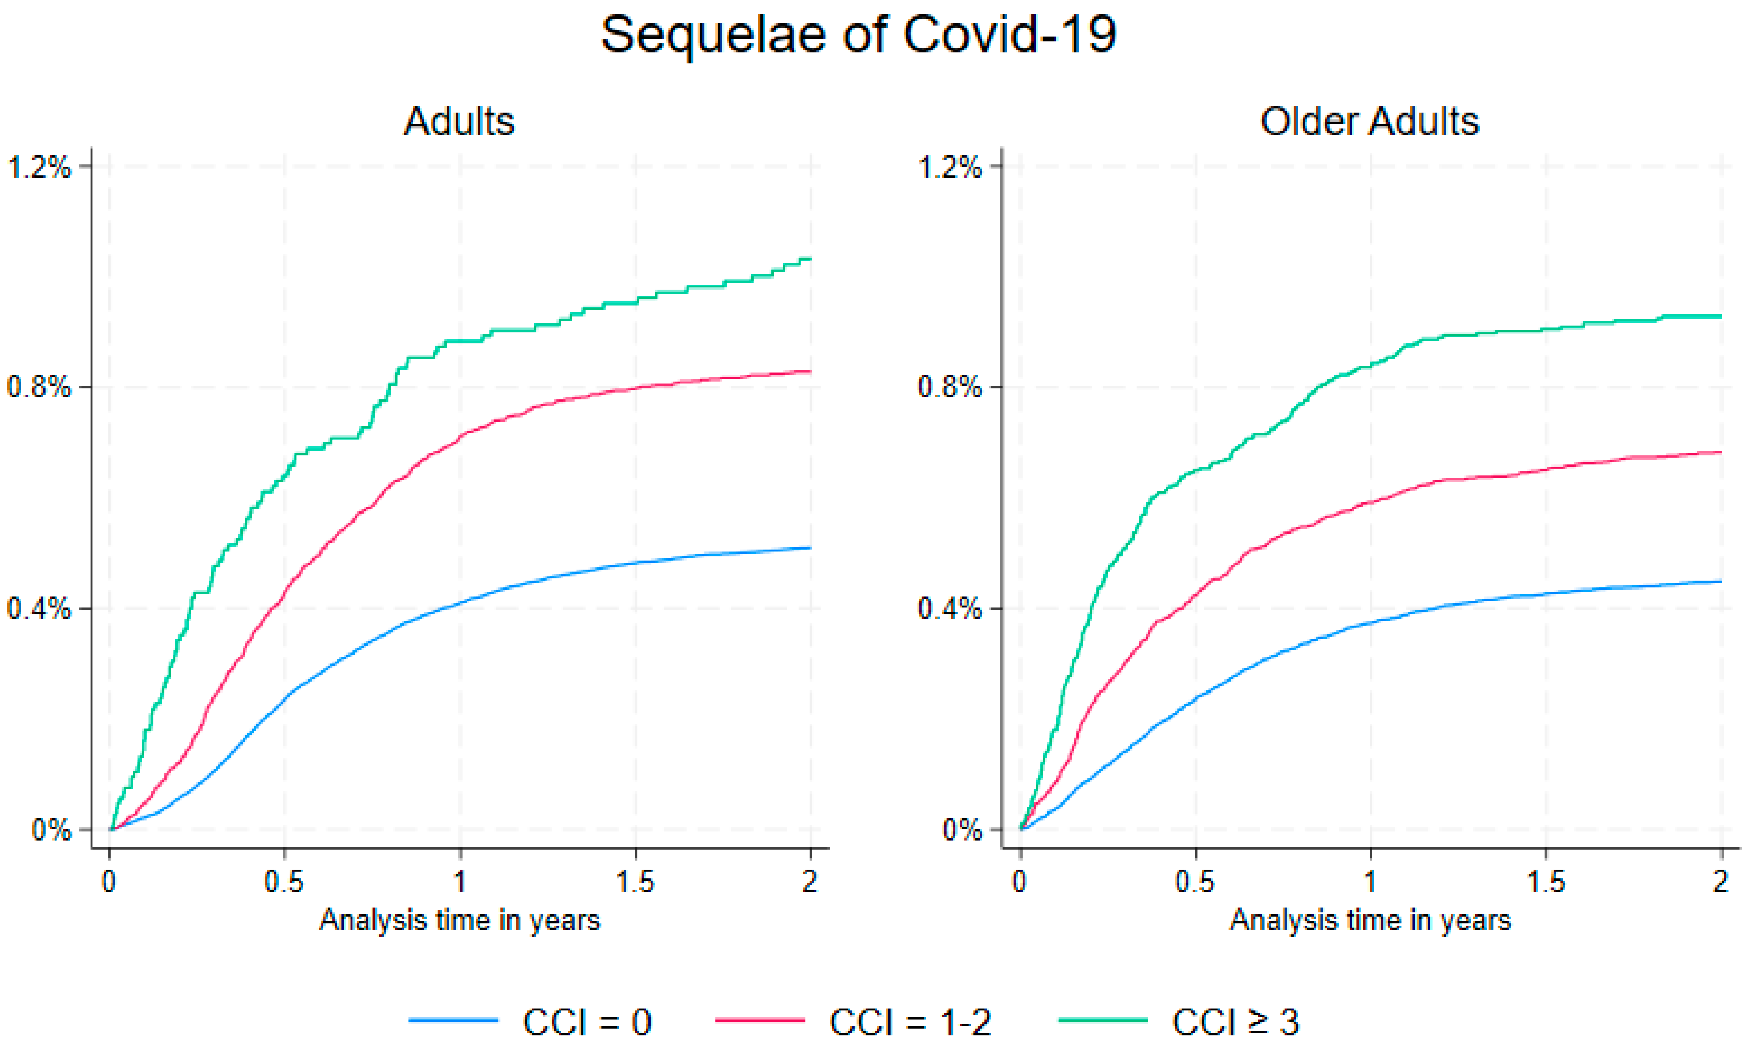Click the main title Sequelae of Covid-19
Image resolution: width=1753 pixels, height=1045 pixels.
point(859,35)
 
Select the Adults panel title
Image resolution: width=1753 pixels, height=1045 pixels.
point(459,121)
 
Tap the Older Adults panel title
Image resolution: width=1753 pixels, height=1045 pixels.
point(1370,121)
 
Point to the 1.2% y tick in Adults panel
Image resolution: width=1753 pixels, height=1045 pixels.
point(40,167)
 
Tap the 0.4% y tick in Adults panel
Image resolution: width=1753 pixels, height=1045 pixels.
point(40,608)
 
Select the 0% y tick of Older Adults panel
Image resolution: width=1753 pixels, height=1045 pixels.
point(961,830)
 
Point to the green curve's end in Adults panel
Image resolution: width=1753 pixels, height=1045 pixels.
point(811,259)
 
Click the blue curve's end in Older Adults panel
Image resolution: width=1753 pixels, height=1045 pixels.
point(1721,582)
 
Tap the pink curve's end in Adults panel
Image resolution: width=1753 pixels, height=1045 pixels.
point(811,371)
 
